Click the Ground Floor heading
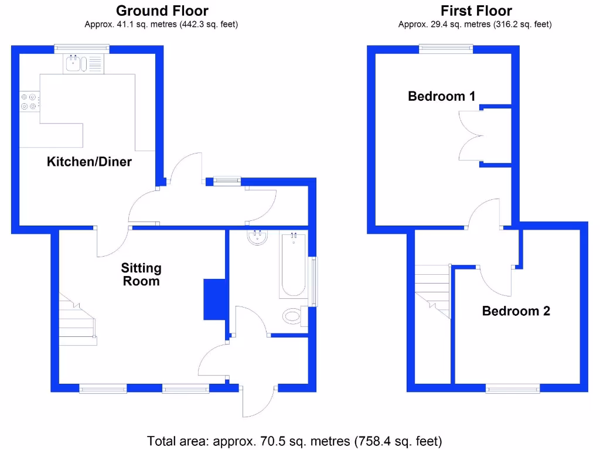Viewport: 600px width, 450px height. (162, 11)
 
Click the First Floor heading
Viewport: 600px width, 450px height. (476, 11)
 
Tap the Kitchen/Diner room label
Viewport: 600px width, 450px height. (89, 162)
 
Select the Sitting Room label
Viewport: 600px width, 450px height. (141, 274)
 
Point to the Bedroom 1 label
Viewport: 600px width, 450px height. (441, 96)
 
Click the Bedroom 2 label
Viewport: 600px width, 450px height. (516, 311)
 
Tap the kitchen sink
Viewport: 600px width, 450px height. (74, 63)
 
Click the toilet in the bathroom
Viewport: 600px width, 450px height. (292, 317)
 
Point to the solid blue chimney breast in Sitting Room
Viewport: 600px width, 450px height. (214, 299)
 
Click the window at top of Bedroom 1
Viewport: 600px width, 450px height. (446, 49)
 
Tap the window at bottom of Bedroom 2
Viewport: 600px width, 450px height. (513, 388)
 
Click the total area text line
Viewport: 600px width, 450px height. (294, 441)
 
